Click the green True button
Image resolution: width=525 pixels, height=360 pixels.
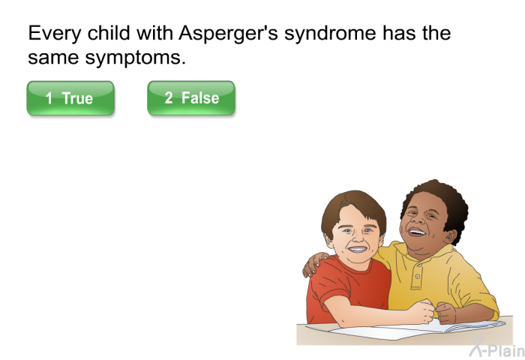click(70, 98)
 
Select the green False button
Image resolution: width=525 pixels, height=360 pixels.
click(191, 98)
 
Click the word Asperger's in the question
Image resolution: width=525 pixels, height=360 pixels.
click(228, 34)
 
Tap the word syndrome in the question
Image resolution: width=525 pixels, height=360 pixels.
click(331, 34)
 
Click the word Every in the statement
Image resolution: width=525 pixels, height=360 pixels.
click(55, 34)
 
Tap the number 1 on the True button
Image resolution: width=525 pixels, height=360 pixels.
click(49, 98)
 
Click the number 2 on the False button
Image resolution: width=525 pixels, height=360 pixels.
click(169, 97)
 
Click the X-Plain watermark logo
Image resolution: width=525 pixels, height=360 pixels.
click(497, 347)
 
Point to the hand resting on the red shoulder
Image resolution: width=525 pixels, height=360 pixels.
click(314, 264)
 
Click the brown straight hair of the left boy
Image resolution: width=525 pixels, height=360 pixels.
click(352, 208)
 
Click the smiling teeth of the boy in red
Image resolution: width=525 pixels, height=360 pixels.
click(358, 249)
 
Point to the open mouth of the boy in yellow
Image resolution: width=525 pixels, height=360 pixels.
click(416, 232)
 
